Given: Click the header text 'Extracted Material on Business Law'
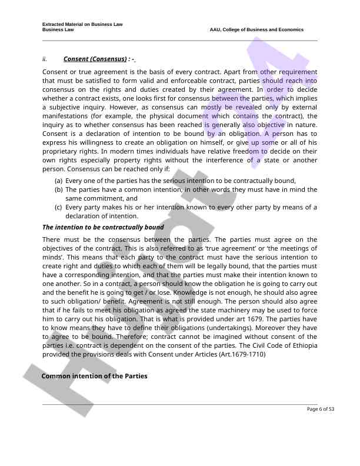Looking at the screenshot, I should [82, 24].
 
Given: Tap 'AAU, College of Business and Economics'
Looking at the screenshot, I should [256, 29].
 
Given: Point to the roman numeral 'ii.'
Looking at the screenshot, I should [45, 59].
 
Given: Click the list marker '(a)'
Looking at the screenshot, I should [59, 181].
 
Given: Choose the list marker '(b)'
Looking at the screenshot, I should [59, 189].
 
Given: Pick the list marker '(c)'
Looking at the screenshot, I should [59, 207].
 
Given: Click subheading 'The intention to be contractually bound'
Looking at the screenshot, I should [103, 227].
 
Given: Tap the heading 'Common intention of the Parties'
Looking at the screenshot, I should [94, 376].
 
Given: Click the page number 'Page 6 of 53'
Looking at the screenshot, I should [321, 409].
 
